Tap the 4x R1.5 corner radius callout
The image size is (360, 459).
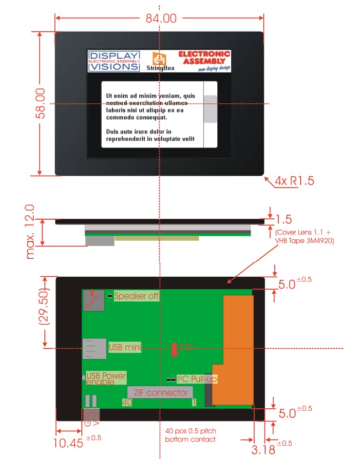tap(293, 181)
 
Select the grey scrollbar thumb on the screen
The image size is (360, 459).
tap(210, 109)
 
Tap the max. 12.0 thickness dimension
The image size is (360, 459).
tap(30, 231)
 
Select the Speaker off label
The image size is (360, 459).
tap(136, 296)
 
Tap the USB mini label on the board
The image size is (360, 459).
tap(125, 347)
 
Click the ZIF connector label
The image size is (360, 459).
tap(160, 392)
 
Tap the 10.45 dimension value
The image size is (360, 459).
tap(68, 443)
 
